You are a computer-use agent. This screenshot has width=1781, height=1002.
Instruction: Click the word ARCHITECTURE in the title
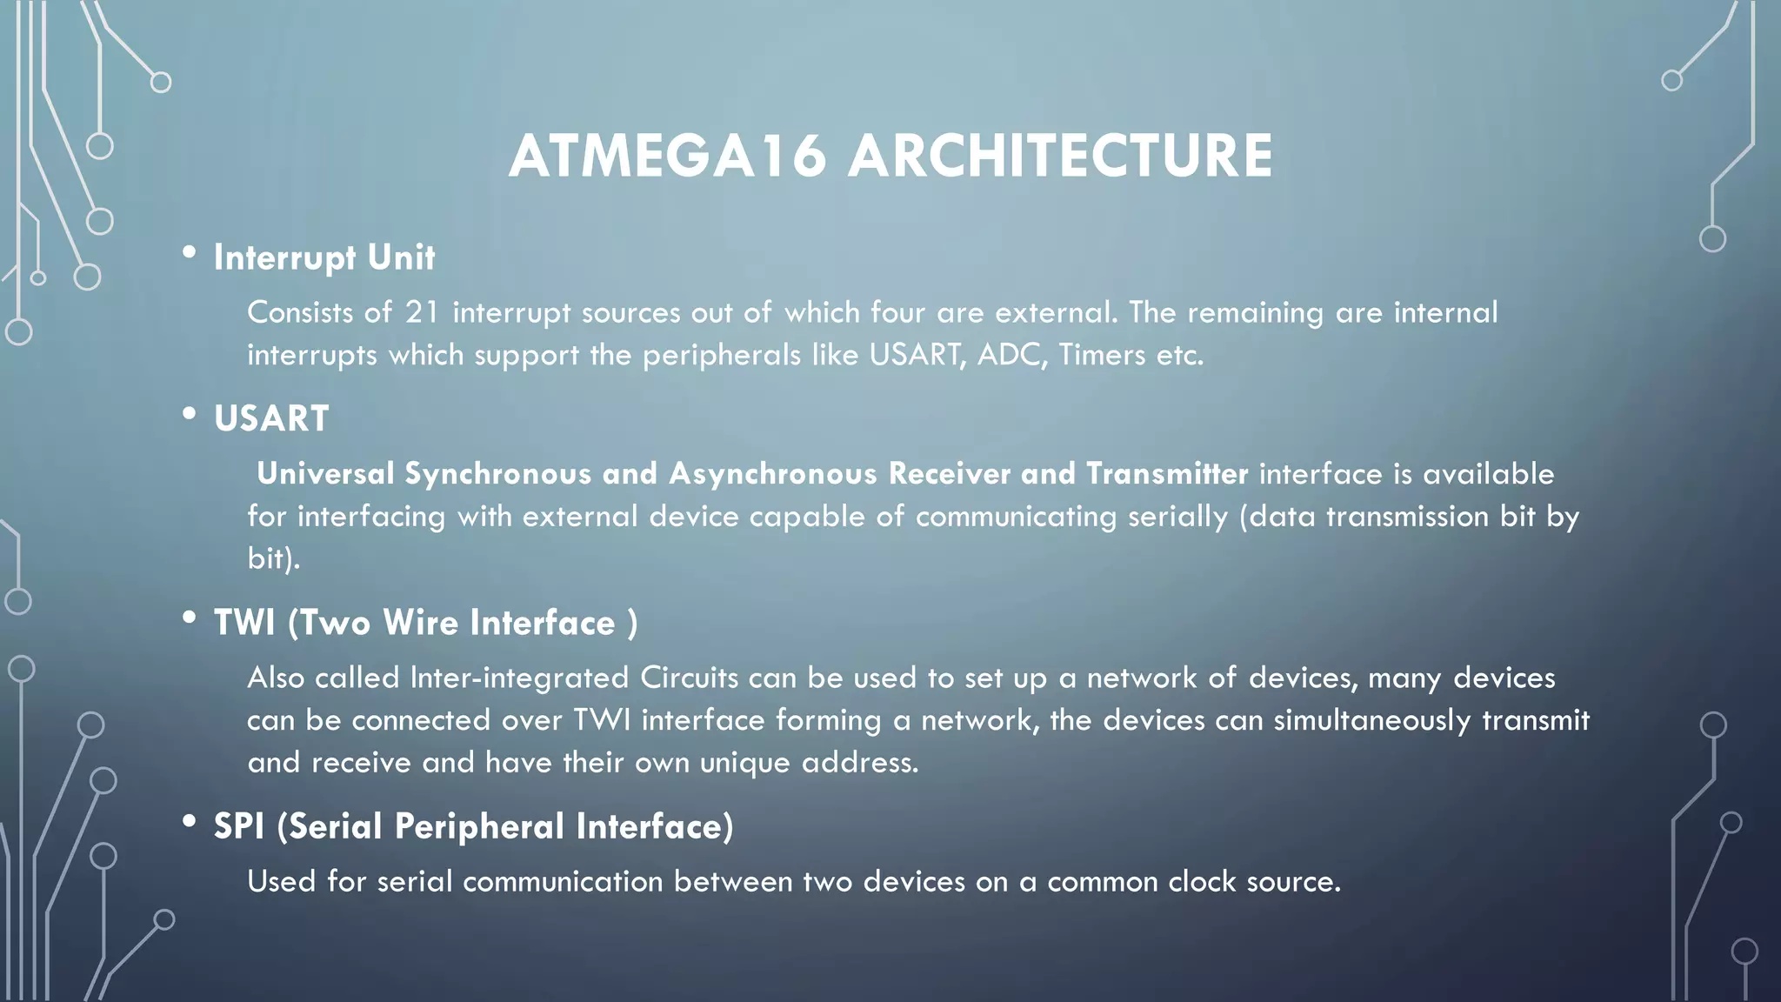pyautogui.click(x=1060, y=157)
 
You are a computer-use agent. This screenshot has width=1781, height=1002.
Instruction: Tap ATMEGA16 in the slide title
pyautogui.click(x=667, y=157)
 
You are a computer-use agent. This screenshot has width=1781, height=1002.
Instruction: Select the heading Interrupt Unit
pyautogui.click(x=324, y=258)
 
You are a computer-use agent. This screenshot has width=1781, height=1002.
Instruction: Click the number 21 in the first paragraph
pyautogui.click(x=422, y=312)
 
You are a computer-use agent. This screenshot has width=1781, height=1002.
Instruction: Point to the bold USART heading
pyautogui.click(x=271, y=419)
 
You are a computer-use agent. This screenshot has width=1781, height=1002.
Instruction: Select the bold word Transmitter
pyautogui.click(x=1167, y=474)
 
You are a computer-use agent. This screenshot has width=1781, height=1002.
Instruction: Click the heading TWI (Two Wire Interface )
pyautogui.click(x=425, y=624)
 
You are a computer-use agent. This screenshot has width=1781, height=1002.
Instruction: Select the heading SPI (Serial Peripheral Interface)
pyautogui.click(x=473, y=827)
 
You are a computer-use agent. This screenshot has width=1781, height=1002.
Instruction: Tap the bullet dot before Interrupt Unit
pyautogui.click(x=189, y=253)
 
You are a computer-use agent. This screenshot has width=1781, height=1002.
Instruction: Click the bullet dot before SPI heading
pyautogui.click(x=189, y=822)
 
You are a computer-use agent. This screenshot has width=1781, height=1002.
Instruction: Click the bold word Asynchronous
pyautogui.click(x=773, y=474)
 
